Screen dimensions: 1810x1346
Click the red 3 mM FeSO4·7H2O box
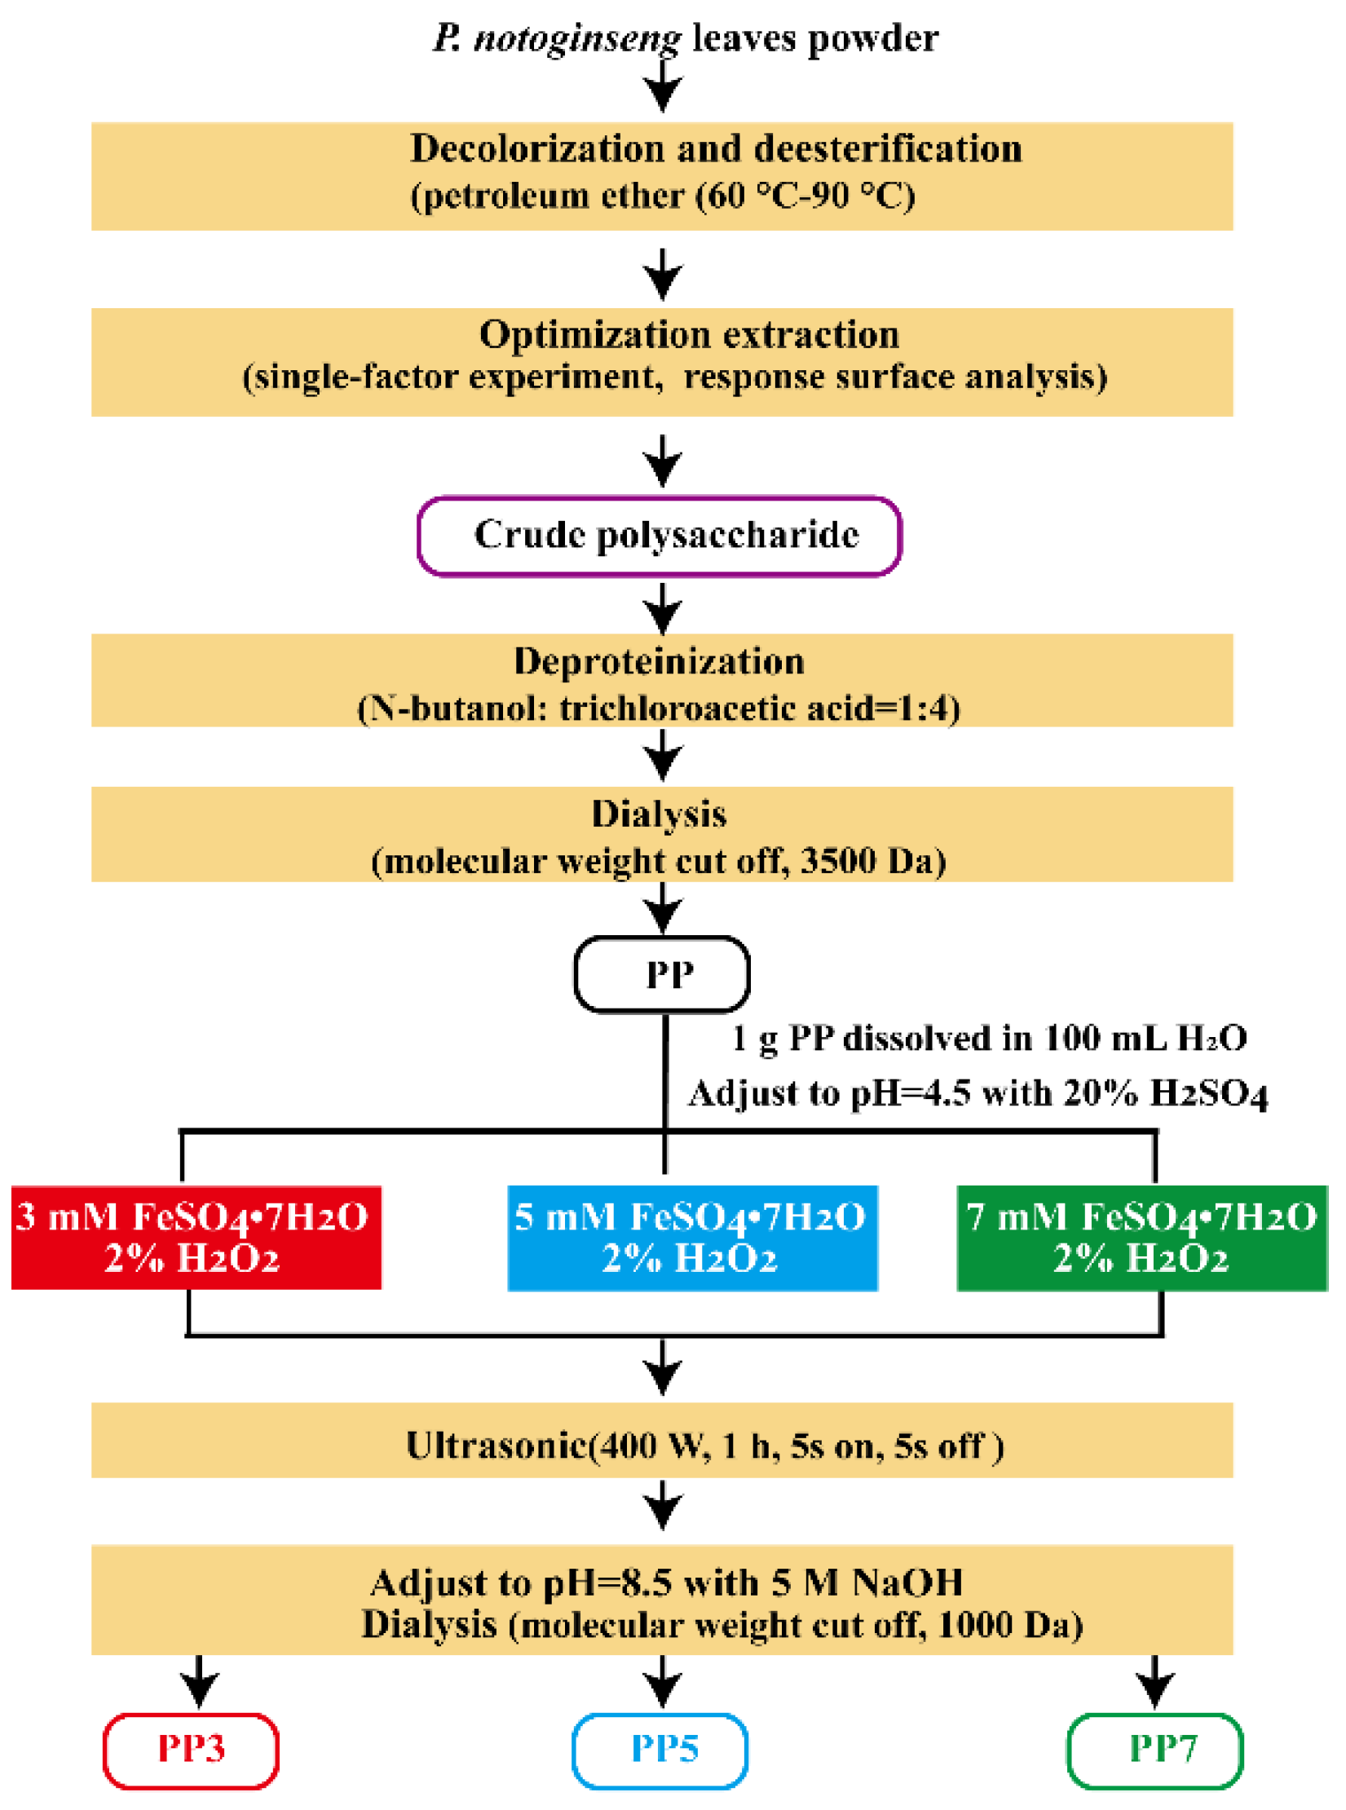click(x=196, y=1237)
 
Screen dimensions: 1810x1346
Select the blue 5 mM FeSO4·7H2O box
click(x=691, y=1237)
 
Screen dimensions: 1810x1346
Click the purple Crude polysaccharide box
click(x=659, y=536)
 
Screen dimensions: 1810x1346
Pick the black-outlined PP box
click(x=661, y=973)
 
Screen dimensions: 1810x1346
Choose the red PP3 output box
click(x=191, y=1750)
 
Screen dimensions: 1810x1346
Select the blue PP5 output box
click(x=660, y=1750)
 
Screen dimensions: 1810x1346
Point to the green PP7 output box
click(x=1154, y=1750)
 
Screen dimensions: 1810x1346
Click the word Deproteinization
click(x=659, y=661)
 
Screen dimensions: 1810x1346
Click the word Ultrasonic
click(x=496, y=1446)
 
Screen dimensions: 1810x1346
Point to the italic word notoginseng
click(x=576, y=38)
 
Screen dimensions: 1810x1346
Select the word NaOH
click(x=907, y=1583)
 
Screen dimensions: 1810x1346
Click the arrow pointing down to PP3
click(x=199, y=1681)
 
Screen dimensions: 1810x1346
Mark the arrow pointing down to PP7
click(x=1154, y=1681)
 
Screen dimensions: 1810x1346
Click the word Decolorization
click(x=537, y=148)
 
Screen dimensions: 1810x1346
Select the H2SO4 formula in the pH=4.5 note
click(x=1208, y=1093)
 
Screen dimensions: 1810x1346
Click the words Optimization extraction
click(x=689, y=334)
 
